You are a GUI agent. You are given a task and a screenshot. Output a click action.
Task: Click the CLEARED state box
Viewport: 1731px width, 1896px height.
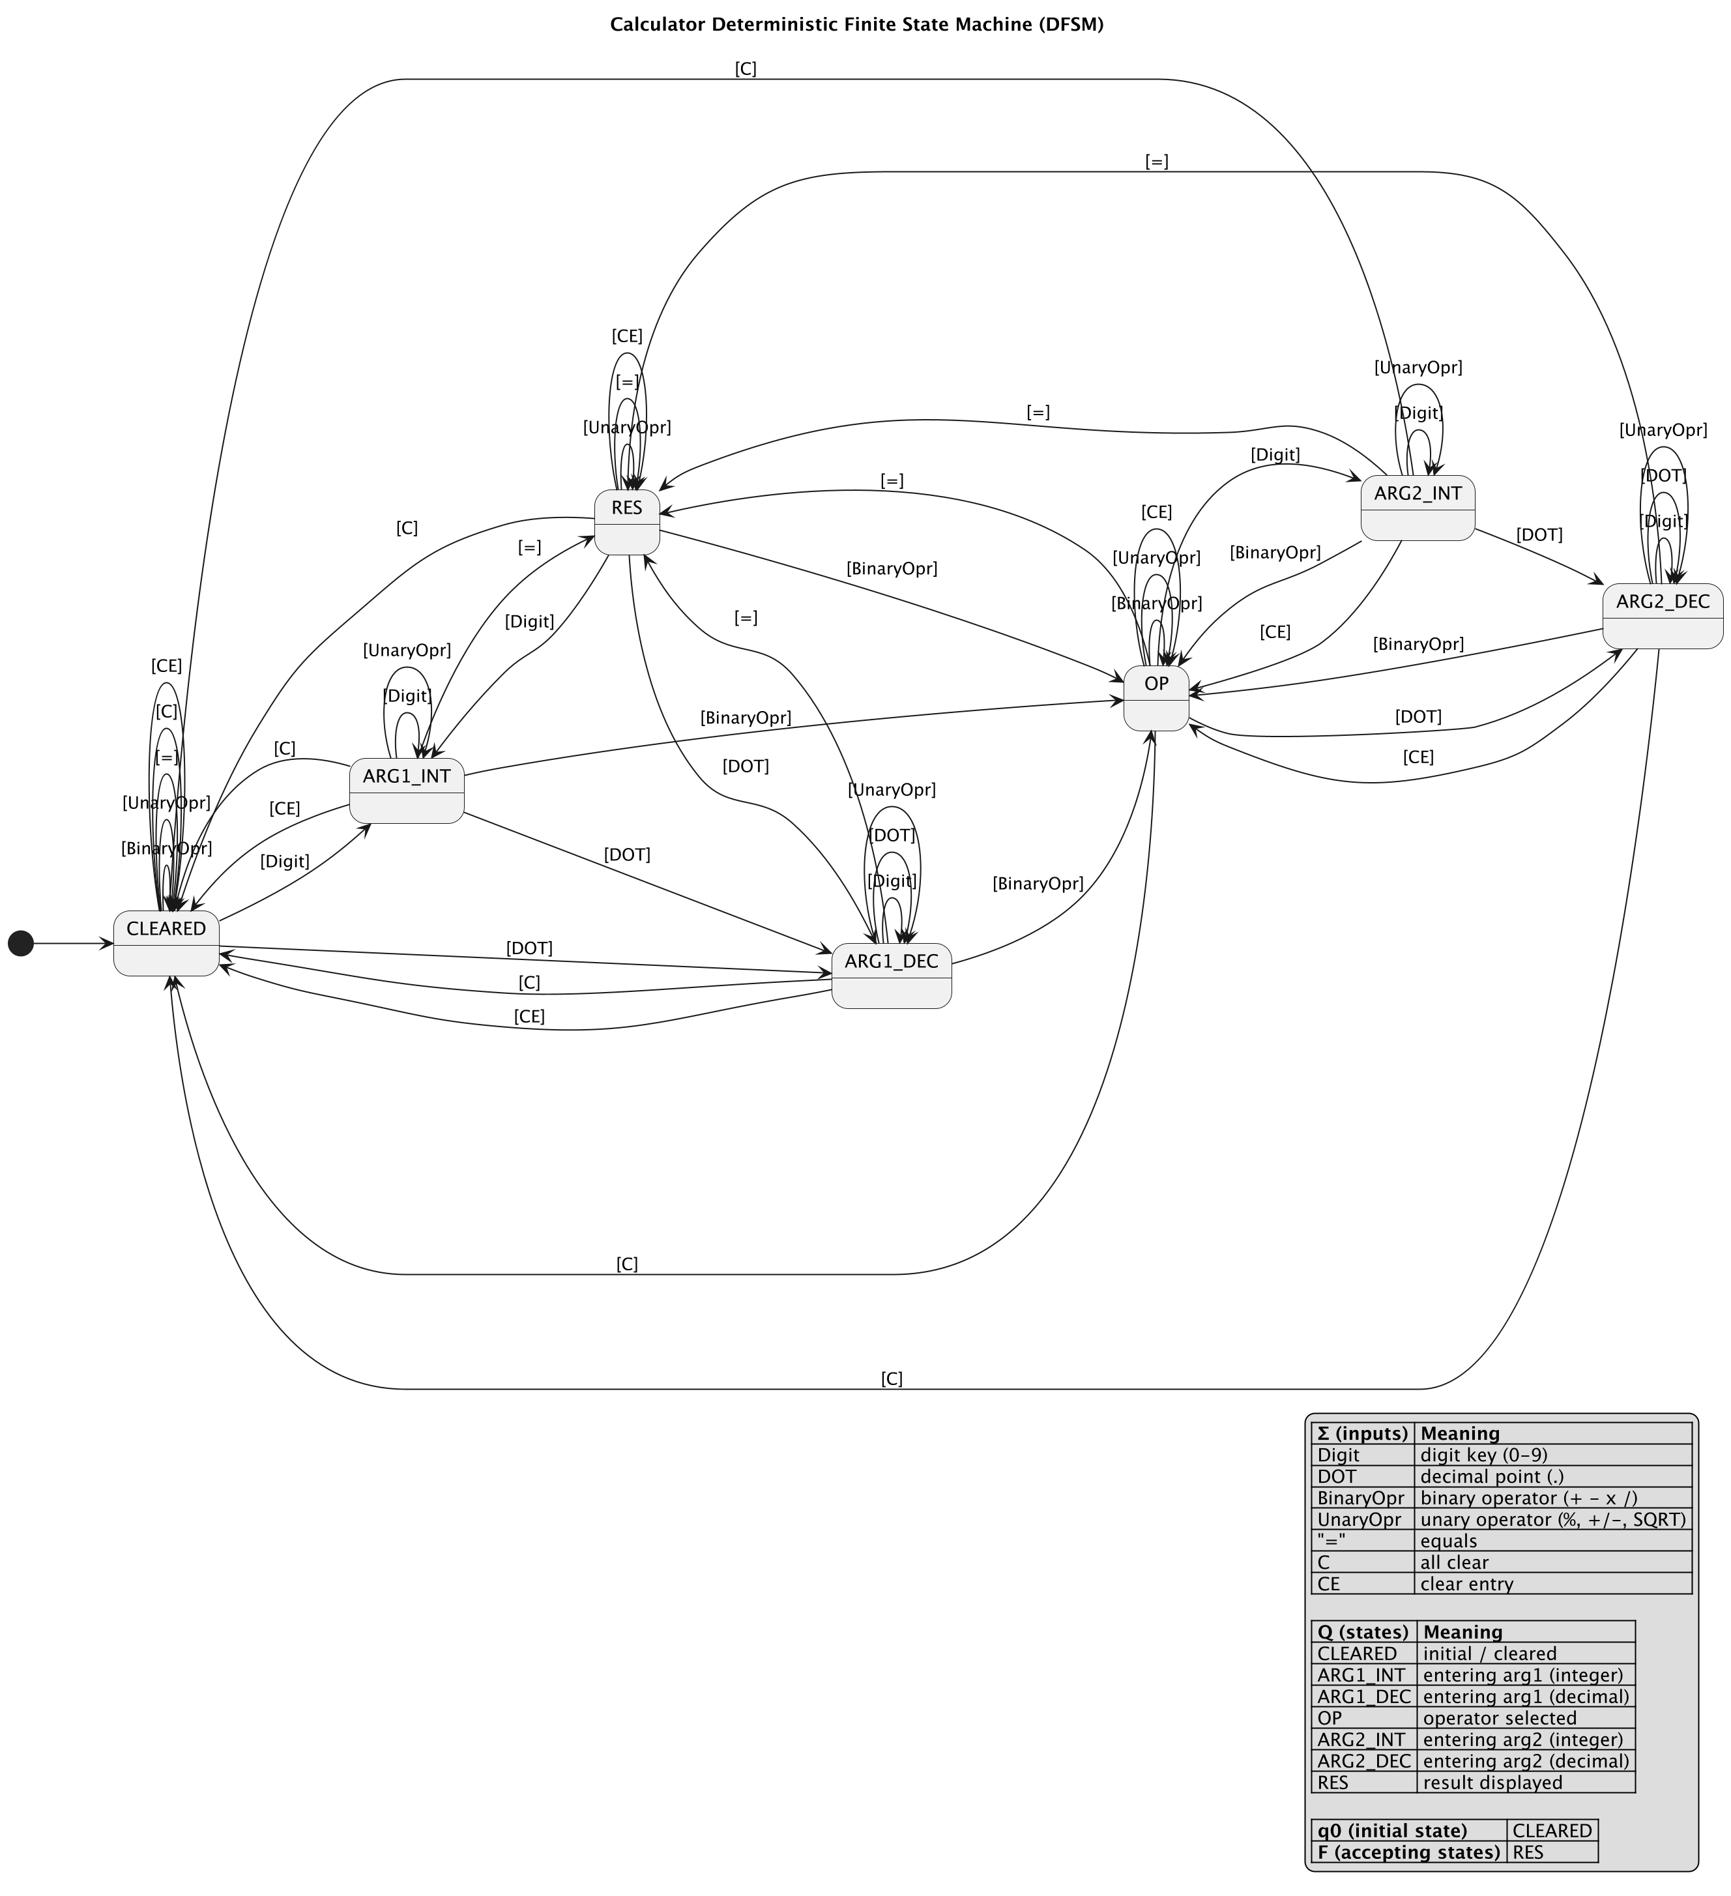(166, 943)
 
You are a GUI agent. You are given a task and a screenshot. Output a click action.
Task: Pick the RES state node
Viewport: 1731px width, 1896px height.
(626, 522)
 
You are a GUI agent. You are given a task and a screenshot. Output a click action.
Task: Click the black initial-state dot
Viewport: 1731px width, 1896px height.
(21, 942)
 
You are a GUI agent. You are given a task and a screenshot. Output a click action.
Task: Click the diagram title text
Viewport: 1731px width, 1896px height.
(856, 25)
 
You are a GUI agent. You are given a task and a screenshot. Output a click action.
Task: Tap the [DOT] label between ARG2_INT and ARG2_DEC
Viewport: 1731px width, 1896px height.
(1539, 535)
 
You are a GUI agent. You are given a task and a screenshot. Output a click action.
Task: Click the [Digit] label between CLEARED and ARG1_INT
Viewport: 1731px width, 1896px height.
(285, 862)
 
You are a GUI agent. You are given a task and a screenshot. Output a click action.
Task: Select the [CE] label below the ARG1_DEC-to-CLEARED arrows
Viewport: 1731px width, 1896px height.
(529, 1017)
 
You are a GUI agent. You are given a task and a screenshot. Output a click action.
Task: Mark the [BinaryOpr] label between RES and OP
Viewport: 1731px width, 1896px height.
(892, 568)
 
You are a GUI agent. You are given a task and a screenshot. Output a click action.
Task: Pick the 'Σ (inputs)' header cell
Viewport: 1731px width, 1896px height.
(1362, 1433)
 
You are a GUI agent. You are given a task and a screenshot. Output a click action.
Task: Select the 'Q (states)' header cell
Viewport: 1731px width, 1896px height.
(1363, 1632)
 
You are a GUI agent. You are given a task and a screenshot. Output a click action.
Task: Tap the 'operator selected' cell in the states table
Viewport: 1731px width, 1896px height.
(1499, 1718)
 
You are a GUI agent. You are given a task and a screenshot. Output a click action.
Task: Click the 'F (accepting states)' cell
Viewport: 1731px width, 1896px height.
(1408, 1852)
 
